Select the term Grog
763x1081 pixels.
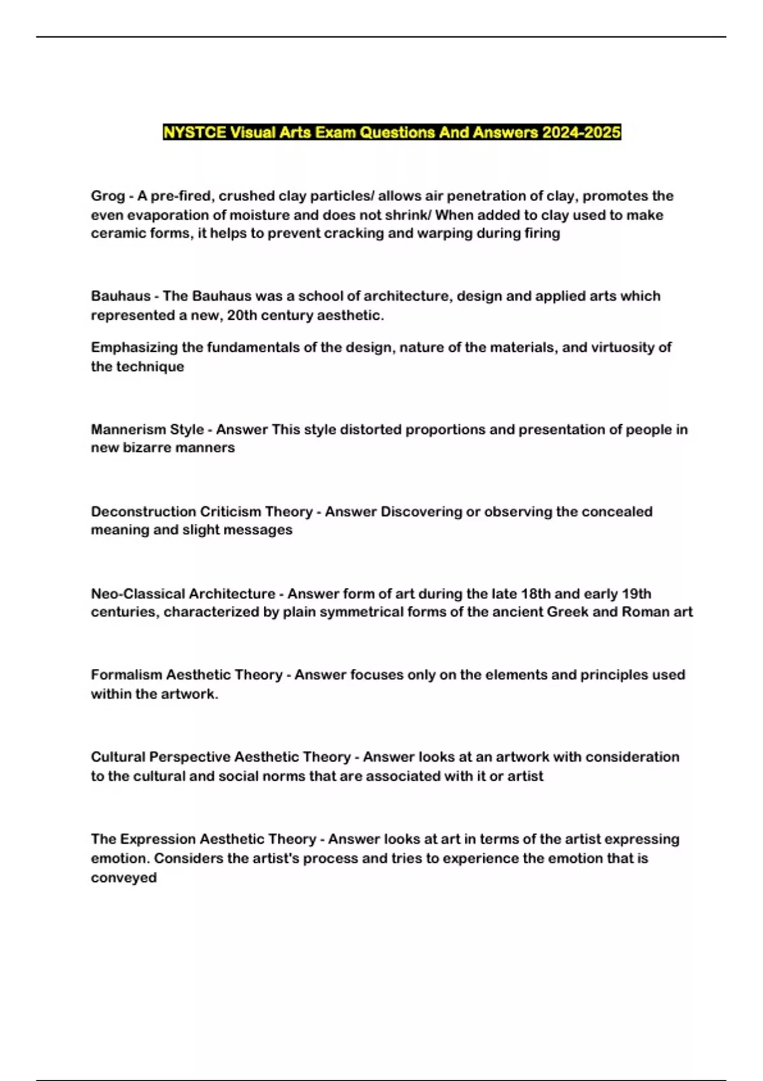pos(107,196)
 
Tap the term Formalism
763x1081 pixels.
pos(127,675)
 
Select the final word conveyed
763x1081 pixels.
pos(123,878)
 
